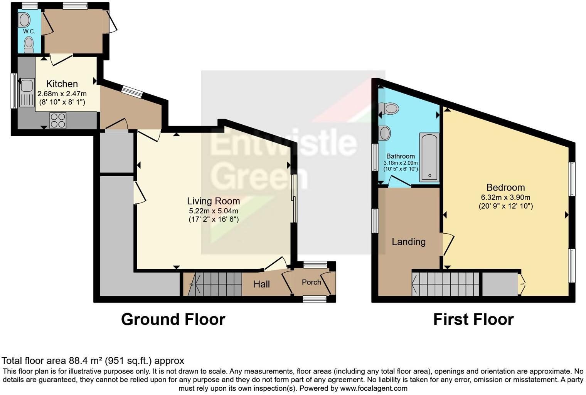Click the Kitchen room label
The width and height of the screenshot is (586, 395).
pos(62,84)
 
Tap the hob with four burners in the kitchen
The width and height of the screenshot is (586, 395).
pos(58,120)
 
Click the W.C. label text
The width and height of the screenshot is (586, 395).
pos(29,31)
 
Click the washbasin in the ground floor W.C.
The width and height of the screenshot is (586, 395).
pos(24,20)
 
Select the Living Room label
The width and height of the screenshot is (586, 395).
pos(213,201)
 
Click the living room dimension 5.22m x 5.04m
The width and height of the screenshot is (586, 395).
pos(213,211)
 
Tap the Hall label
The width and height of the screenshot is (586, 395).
pos(261,284)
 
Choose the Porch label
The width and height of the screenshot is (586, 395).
pos(311,282)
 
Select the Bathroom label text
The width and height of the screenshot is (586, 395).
pos(401,156)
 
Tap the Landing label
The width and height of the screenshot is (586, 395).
pos(409,242)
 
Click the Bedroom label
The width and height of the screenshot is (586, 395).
pos(505,187)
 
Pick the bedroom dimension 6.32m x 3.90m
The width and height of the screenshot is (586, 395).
pos(505,197)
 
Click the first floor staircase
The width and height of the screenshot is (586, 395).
pos(445,284)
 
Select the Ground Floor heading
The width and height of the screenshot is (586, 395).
pos(173,320)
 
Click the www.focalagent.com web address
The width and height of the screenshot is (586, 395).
pos(374,388)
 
